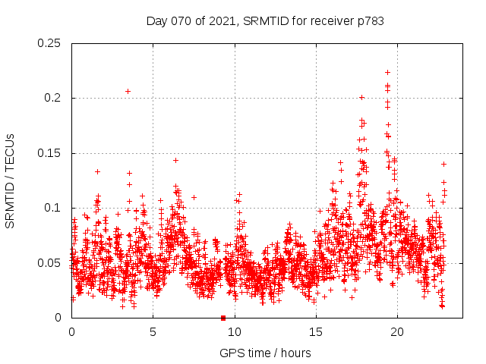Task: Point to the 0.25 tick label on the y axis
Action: [x=50, y=43]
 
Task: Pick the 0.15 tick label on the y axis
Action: [x=50, y=153]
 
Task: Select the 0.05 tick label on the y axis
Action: [x=50, y=263]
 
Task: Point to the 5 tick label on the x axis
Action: [x=153, y=332]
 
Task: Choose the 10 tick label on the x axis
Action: [x=234, y=332]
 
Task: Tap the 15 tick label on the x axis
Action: [x=315, y=332]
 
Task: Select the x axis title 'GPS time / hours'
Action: [x=265, y=353]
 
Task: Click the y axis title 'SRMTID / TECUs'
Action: [x=11, y=180]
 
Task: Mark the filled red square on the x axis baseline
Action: [x=223, y=318]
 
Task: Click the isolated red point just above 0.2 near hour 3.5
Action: [x=128, y=91]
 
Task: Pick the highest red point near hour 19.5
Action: [x=387, y=72]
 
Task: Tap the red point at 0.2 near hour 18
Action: [x=361, y=97]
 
